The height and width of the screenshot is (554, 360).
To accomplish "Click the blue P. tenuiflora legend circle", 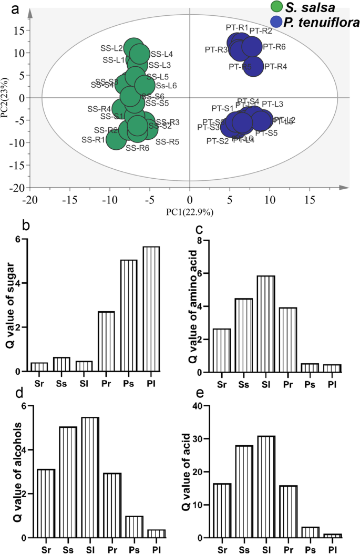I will point(277,22).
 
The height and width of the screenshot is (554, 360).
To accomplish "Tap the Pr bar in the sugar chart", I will point(106,342).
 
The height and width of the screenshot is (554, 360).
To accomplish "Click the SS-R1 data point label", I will point(94,140).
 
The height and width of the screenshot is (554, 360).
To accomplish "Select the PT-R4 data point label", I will point(276,67).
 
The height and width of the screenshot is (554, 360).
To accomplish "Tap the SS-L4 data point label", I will point(162,54).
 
